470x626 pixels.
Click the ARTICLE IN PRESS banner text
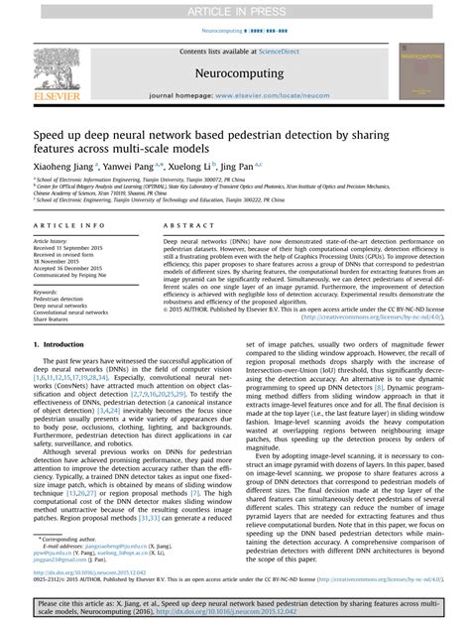coord(235,9)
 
